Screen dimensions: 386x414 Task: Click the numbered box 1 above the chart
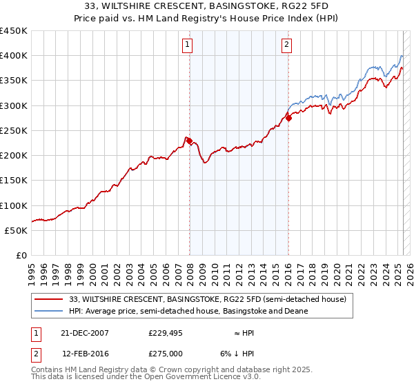[x=188, y=46]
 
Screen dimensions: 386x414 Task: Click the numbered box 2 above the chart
[x=286, y=46]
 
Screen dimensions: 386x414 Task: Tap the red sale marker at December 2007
[x=189, y=141]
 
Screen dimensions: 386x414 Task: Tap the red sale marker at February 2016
[x=288, y=118]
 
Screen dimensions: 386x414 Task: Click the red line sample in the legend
[x=49, y=298]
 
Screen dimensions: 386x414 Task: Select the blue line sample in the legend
[x=49, y=311]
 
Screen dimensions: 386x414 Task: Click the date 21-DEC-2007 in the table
[x=85, y=332]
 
